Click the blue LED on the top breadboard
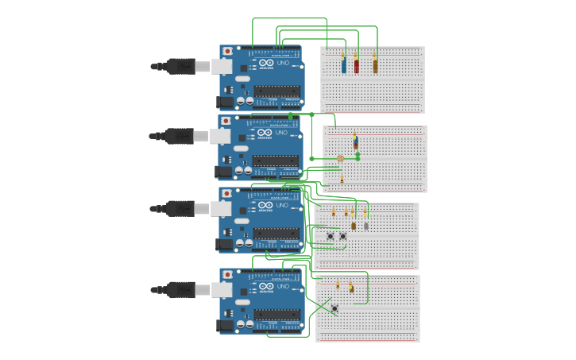click(x=343, y=65)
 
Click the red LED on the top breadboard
click(x=356, y=65)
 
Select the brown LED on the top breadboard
click(x=375, y=65)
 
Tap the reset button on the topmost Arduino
click(x=227, y=52)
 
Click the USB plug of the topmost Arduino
click(x=181, y=66)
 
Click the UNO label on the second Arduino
click(x=282, y=133)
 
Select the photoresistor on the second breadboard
click(x=341, y=159)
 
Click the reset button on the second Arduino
click(x=226, y=122)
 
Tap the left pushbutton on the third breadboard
click(x=331, y=235)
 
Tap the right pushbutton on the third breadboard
click(x=343, y=235)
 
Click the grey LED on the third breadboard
click(x=366, y=226)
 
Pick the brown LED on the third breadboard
click(x=354, y=226)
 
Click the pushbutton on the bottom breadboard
click(x=334, y=308)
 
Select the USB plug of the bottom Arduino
click(x=181, y=290)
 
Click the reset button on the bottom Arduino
click(x=227, y=275)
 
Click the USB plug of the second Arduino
click(x=180, y=136)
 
